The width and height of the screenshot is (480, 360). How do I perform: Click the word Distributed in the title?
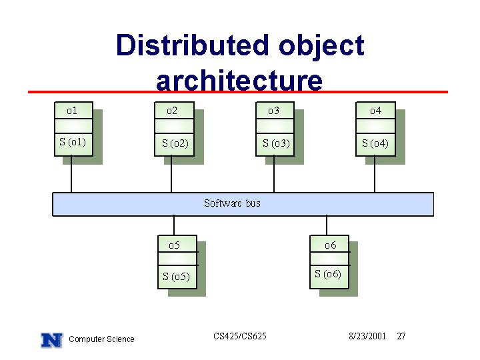point(193,45)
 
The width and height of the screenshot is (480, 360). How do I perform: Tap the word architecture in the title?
point(239,80)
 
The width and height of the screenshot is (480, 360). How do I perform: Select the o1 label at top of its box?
point(72,111)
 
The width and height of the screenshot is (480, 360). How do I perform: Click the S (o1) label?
point(73,142)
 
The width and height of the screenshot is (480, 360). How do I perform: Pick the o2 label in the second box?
point(172,111)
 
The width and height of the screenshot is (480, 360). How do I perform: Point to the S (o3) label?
point(276,143)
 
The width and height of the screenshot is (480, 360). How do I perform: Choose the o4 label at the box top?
point(375,111)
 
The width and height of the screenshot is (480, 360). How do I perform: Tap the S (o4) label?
point(375,143)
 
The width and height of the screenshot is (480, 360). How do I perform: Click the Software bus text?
point(233,203)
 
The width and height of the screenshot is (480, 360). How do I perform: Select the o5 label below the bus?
point(174,245)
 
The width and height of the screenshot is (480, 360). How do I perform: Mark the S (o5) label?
point(176,277)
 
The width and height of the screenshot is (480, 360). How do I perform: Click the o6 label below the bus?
point(330,245)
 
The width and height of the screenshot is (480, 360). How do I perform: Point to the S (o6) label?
point(328,274)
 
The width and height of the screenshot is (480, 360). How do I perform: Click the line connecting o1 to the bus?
point(71,174)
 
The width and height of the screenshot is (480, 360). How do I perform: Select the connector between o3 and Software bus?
point(274,174)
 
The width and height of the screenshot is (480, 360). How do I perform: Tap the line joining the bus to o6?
point(327,225)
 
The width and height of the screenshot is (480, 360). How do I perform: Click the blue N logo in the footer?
point(52,340)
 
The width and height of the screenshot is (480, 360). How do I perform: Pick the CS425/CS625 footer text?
point(240,336)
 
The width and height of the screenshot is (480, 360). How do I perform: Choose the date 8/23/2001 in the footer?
point(367,336)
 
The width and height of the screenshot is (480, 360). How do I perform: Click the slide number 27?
point(401,336)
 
